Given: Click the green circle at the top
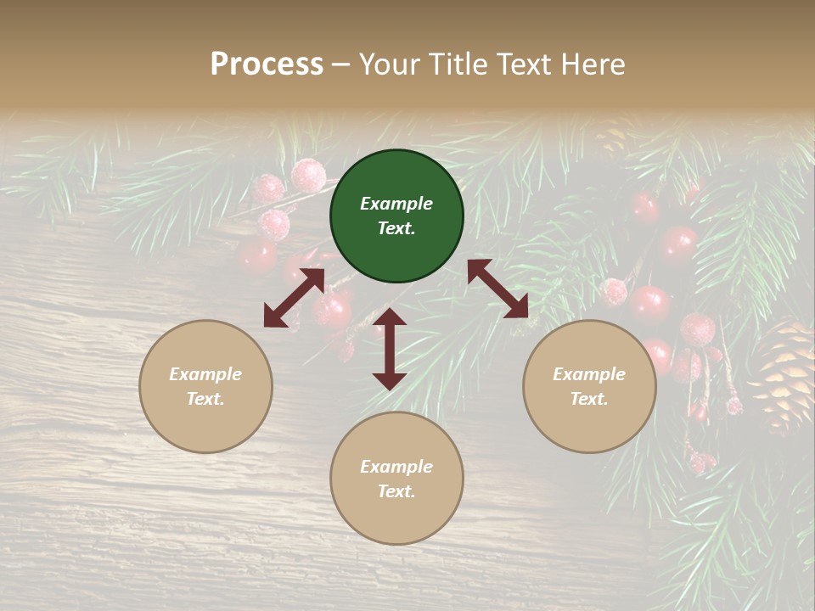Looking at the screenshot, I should pos(396,216).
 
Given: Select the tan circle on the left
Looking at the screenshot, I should pos(205,386).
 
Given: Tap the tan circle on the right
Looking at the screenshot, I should pos(589,386).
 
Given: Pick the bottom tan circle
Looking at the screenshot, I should pos(396,479).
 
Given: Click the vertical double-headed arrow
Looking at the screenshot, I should pos(390,349).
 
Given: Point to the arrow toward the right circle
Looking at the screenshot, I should pos(497,289).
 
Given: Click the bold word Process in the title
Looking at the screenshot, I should pos(267,64).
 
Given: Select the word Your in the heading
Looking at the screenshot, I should pos(389,64).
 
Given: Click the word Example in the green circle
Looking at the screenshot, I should pos(396,204).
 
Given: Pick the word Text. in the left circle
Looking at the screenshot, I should pos(205,399).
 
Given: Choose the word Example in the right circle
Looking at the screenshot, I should pos(589,374).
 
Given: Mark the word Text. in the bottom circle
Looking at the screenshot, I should pos(396,491).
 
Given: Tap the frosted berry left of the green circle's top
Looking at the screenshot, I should pos(308,176).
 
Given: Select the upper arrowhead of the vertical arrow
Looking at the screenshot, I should pos(390,319).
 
